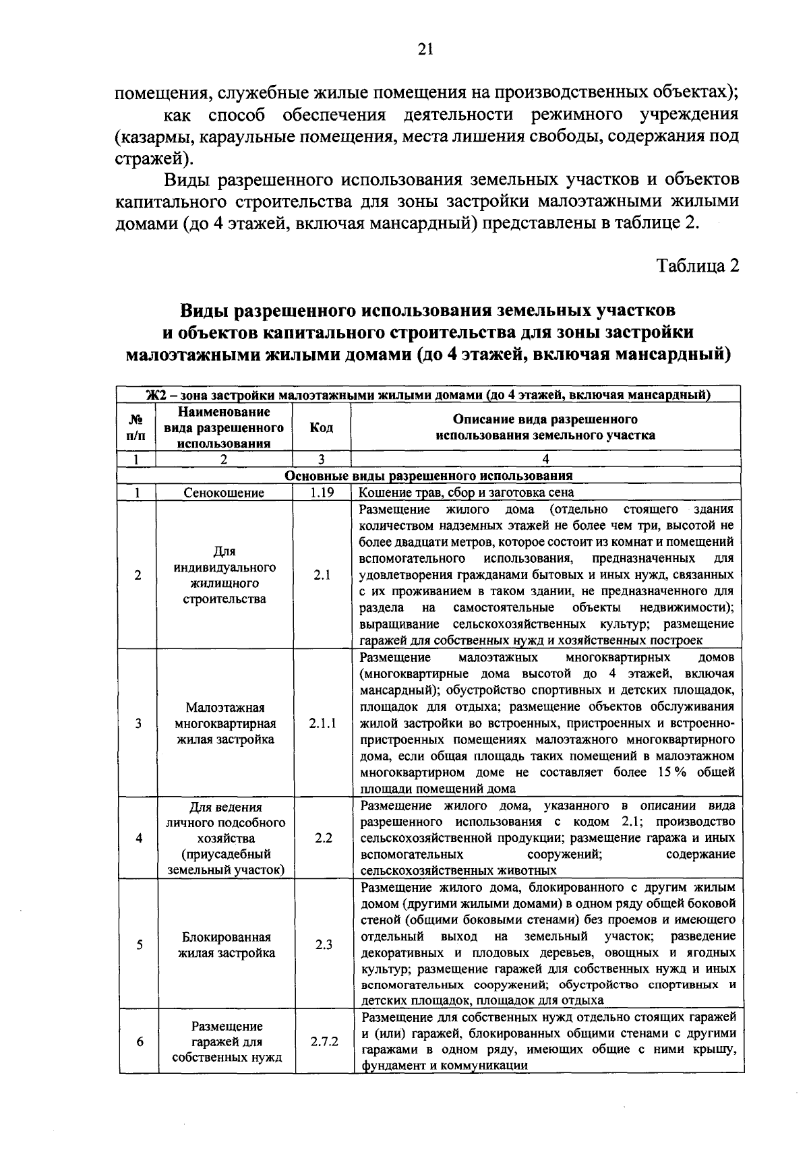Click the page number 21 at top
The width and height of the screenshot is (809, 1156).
(425, 49)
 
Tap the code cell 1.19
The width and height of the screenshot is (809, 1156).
(322, 493)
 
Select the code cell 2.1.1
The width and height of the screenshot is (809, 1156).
(322, 723)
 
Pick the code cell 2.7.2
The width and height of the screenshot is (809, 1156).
(324, 1041)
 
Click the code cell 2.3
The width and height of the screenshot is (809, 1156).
(324, 944)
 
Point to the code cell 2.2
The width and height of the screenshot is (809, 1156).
(324, 838)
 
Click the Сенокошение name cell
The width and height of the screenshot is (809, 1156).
(224, 493)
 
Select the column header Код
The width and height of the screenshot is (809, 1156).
(321, 427)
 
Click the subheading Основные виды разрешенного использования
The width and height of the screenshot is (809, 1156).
(429, 476)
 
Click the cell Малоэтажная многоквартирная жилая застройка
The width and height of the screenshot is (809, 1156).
(225, 723)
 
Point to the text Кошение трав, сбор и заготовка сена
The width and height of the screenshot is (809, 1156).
(467, 493)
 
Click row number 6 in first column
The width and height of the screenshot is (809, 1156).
(140, 1041)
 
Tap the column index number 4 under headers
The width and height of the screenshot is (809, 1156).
(545, 459)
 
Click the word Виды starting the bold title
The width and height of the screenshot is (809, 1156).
(202, 311)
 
